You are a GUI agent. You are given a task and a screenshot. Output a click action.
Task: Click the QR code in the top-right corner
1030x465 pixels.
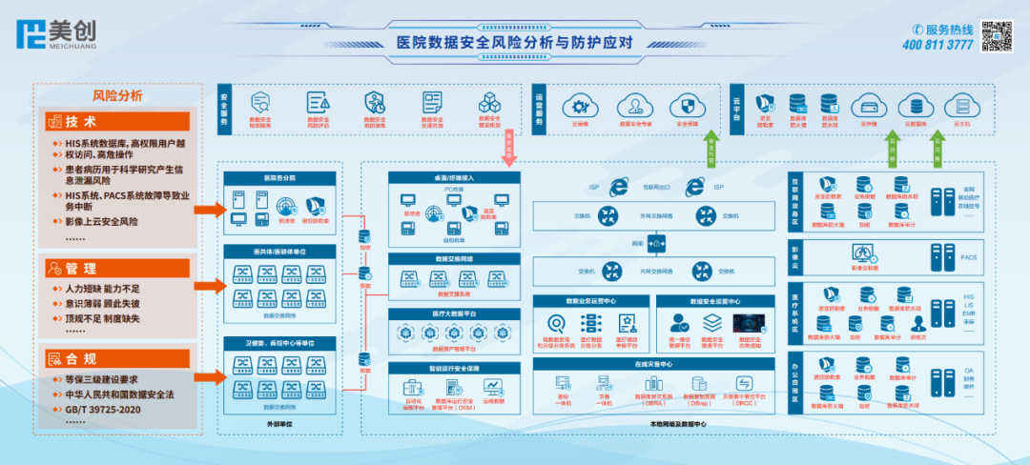click(998, 36)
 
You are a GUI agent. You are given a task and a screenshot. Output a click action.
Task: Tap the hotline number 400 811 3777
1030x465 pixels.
click(937, 45)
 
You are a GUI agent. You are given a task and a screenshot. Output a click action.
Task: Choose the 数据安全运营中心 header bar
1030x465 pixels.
click(713, 301)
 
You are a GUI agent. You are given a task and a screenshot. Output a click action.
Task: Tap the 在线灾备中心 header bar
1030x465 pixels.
click(654, 363)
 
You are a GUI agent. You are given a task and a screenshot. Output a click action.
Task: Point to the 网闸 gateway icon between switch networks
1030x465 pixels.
click(654, 244)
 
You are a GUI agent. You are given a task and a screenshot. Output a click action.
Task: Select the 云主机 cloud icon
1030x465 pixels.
click(961, 105)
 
